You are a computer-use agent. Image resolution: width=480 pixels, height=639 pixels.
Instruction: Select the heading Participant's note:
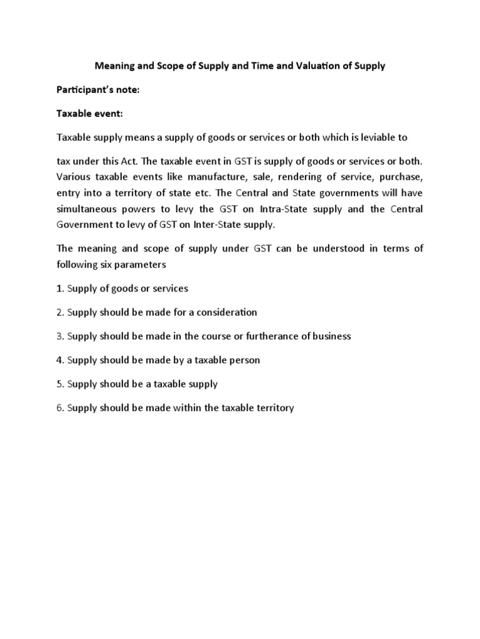[98, 90]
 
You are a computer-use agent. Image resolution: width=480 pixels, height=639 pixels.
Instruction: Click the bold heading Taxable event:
[90, 114]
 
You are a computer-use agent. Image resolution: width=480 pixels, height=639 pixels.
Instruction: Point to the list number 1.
[60, 288]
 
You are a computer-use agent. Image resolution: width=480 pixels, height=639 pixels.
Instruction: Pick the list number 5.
[60, 384]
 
